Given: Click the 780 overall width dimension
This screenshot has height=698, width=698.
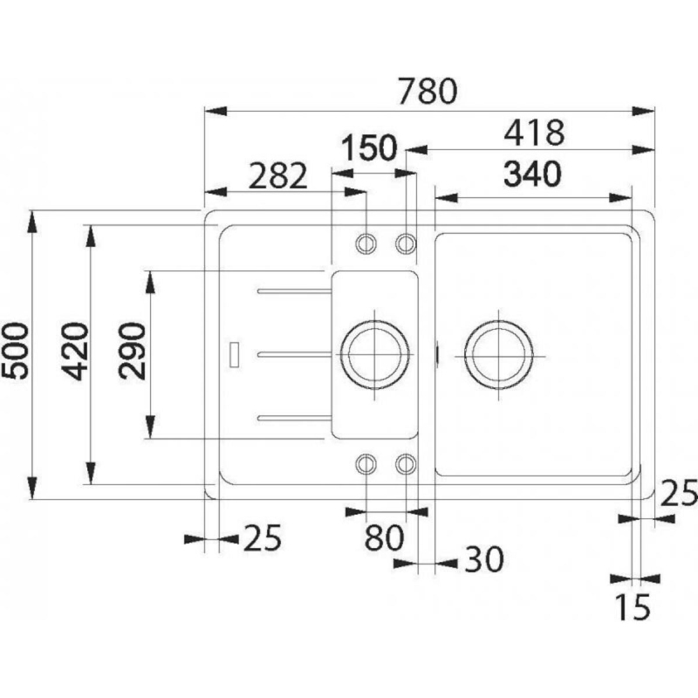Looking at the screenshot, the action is (x=428, y=92).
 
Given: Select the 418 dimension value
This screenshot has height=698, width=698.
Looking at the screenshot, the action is (x=534, y=133).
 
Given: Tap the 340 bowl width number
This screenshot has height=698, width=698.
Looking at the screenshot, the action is (x=532, y=174).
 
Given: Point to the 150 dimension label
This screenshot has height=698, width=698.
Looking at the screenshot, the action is (x=369, y=147).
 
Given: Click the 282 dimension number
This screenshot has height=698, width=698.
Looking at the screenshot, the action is (x=277, y=176).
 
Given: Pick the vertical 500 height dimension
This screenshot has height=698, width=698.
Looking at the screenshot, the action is (x=15, y=351).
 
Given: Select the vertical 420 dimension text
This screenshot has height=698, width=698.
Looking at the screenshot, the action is (x=75, y=352).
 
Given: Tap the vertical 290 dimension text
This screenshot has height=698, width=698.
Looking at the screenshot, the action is (x=133, y=351).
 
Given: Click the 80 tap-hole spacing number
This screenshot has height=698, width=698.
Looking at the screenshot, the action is (x=384, y=537).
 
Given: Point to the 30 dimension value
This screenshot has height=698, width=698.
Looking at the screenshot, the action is (x=484, y=559).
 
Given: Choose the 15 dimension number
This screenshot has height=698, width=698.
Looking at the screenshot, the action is (x=633, y=607).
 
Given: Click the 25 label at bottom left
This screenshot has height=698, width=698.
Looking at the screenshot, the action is (x=263, y=537).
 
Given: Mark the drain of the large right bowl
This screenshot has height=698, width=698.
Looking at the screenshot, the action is (x=498, y=356).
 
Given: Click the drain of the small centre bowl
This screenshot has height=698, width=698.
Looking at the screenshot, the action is (x=374, y=355).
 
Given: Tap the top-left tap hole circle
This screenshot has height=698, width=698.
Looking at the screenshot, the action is (x=366, y=243).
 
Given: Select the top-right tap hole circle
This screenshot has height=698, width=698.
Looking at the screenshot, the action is (x=406, y=243).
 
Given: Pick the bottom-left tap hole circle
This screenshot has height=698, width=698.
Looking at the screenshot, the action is (x=366, y=464).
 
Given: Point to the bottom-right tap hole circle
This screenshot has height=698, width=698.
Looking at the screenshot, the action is (x=406, y=464).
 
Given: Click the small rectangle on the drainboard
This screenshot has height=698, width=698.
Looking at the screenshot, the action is (x=234, y=354).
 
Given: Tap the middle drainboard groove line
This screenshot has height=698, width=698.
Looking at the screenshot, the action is (x=294, y=354).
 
